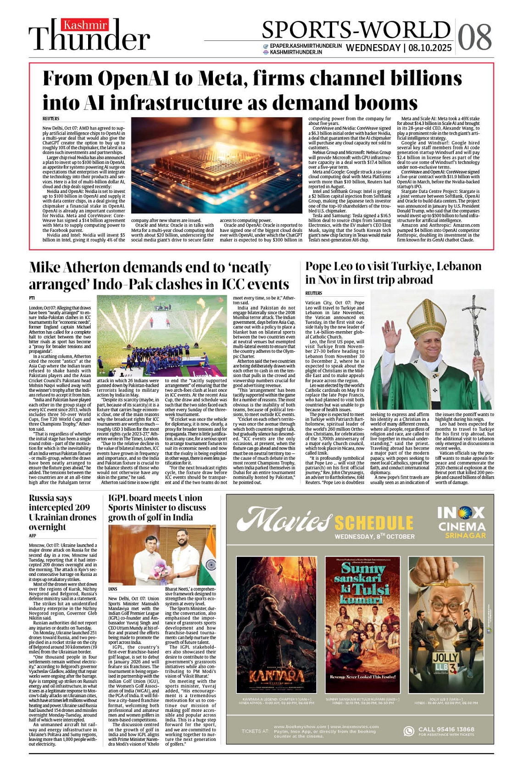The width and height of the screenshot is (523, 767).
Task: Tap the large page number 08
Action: point(475,36)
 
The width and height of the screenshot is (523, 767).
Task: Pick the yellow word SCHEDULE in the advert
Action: point(373,523)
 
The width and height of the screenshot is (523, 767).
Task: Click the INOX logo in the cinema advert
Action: point(461,513)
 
